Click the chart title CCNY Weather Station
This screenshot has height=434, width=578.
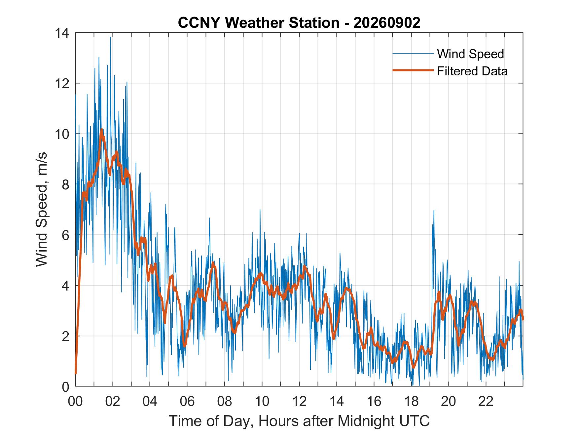tap(259, 23)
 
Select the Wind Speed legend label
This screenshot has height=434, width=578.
tap(470, 54)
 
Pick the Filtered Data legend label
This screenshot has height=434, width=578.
tap(472, 71)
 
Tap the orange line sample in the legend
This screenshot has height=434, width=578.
tap(413, 70)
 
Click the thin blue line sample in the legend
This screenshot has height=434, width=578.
tap(413, 53)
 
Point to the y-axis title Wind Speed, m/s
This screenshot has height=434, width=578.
tap(42, 210)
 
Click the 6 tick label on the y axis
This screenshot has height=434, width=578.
tap(66, 235)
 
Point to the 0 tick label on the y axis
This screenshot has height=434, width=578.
tap(66, 387)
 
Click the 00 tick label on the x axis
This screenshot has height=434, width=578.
tap(75, 402)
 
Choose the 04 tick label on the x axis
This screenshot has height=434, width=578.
tap(150, 402)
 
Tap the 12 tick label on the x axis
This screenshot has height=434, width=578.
tap(299, 402)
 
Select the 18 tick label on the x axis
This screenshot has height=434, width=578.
tap(411, 402)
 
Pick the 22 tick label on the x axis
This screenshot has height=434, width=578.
tap(486, 402)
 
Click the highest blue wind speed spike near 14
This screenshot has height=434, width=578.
tap(110, 37)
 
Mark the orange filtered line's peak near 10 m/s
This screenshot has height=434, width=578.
tap(101, 130)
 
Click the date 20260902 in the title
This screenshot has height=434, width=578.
tap(387, 23)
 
